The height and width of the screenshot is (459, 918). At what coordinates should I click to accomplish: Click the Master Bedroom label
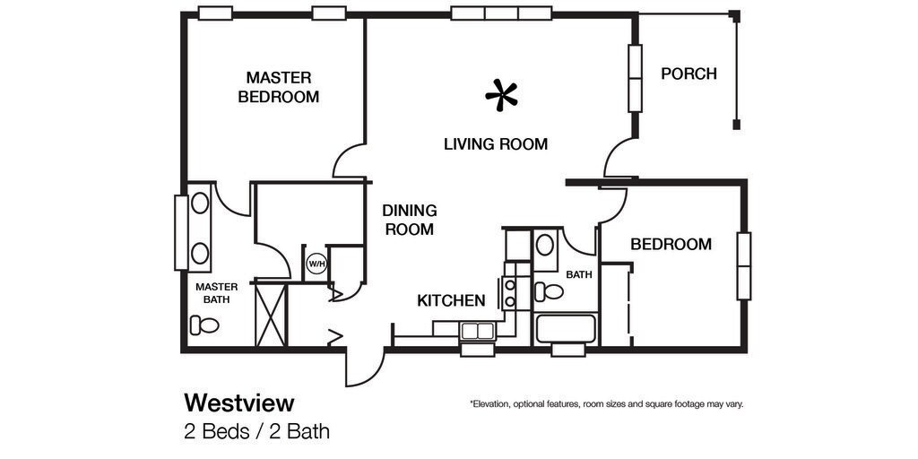click(x=278, y=87)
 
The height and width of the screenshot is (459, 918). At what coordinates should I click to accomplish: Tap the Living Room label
click(x=495, y=143)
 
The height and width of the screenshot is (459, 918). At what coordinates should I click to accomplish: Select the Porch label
click(x=688, y=74)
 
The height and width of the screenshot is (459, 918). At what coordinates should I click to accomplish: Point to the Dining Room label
click(x=410, y=220)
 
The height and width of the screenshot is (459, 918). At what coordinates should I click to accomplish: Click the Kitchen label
click(x=451, y=300)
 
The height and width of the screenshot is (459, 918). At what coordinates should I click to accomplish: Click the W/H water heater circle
click(x=316, y=264)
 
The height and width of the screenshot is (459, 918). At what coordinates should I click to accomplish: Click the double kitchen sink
click(x=477, y=331)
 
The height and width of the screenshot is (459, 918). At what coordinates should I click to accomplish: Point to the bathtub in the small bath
click(x=565, y=329)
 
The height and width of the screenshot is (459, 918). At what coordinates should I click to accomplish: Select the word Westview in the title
click(x=238, y=402)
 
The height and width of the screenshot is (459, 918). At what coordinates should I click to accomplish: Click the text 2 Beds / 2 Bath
click(x=256, y=431)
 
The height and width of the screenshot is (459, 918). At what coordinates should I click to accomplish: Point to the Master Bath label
click(x=216, y=293)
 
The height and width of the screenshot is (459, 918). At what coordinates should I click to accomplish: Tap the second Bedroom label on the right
click(x=671, y=244)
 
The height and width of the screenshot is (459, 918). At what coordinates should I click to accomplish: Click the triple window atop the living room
click(x=500, y=13)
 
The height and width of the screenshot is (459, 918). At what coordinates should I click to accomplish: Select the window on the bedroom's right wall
click(x=743, y=265)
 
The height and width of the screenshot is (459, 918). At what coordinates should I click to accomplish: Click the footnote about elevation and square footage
click(x=606, y=404)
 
